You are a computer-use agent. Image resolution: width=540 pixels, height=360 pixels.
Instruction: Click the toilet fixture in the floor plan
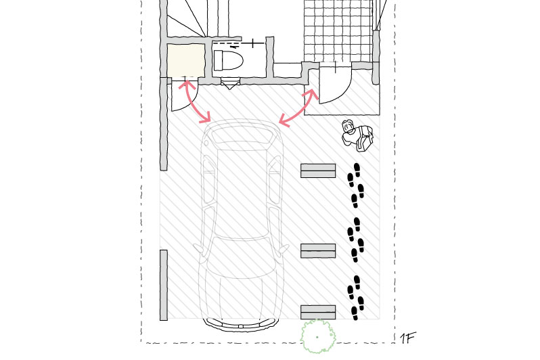tap(228, 61)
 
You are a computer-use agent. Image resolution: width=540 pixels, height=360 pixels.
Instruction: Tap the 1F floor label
tap(408, 338)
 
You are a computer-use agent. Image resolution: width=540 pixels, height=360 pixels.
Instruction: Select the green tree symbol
tap(318, 336)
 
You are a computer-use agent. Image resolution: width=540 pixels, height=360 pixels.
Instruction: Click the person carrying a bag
tap(357, 136)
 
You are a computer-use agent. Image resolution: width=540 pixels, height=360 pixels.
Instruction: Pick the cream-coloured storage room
tap(185, 60)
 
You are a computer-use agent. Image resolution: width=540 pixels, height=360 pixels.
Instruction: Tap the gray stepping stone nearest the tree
tap(318, 312)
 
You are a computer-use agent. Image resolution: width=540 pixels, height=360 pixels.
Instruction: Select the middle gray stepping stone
tap(318, 251)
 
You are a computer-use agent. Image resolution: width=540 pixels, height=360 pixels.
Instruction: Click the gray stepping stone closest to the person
tap(318, 171)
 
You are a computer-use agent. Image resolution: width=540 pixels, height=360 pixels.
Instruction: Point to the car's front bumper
tap(242, 325)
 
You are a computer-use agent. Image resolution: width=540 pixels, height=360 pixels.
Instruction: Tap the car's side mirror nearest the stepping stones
tap(284, 249)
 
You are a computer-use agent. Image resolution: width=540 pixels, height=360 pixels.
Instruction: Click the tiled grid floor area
tap(338, 31)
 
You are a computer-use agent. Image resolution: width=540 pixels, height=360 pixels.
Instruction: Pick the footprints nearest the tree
tap(355, 298)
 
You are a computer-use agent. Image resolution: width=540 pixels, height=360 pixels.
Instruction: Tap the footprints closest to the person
tap(355, 185)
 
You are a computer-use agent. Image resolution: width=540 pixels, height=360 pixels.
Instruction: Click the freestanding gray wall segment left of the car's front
tap(164, 286)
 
